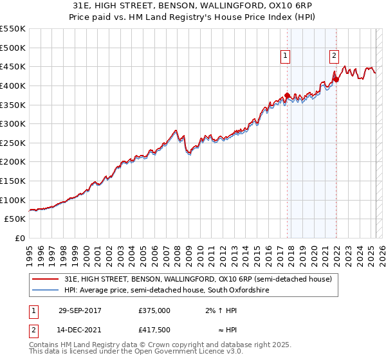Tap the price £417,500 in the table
tap(154, 331)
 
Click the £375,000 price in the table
tap(154, 310)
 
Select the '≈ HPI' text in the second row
tap(225, 331)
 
